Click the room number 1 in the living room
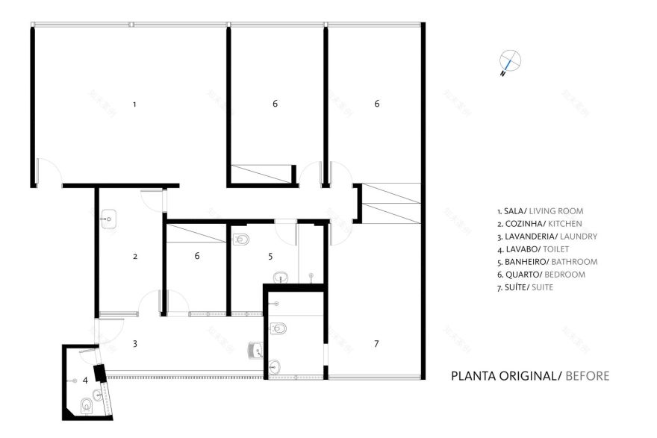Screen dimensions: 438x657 coord(134,104)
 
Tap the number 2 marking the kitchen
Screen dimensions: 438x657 coord(135,256)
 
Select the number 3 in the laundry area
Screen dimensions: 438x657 coord(135,343)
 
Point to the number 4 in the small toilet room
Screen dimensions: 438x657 coord(85,380)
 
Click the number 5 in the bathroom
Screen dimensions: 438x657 coord(271,256)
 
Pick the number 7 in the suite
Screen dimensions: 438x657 coord(376,343)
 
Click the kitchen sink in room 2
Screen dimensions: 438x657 coord(107,219)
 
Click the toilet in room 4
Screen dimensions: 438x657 coord(87,405)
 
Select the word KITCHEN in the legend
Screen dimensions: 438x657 coord(564,224)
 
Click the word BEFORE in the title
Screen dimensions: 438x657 coord(588,375)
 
